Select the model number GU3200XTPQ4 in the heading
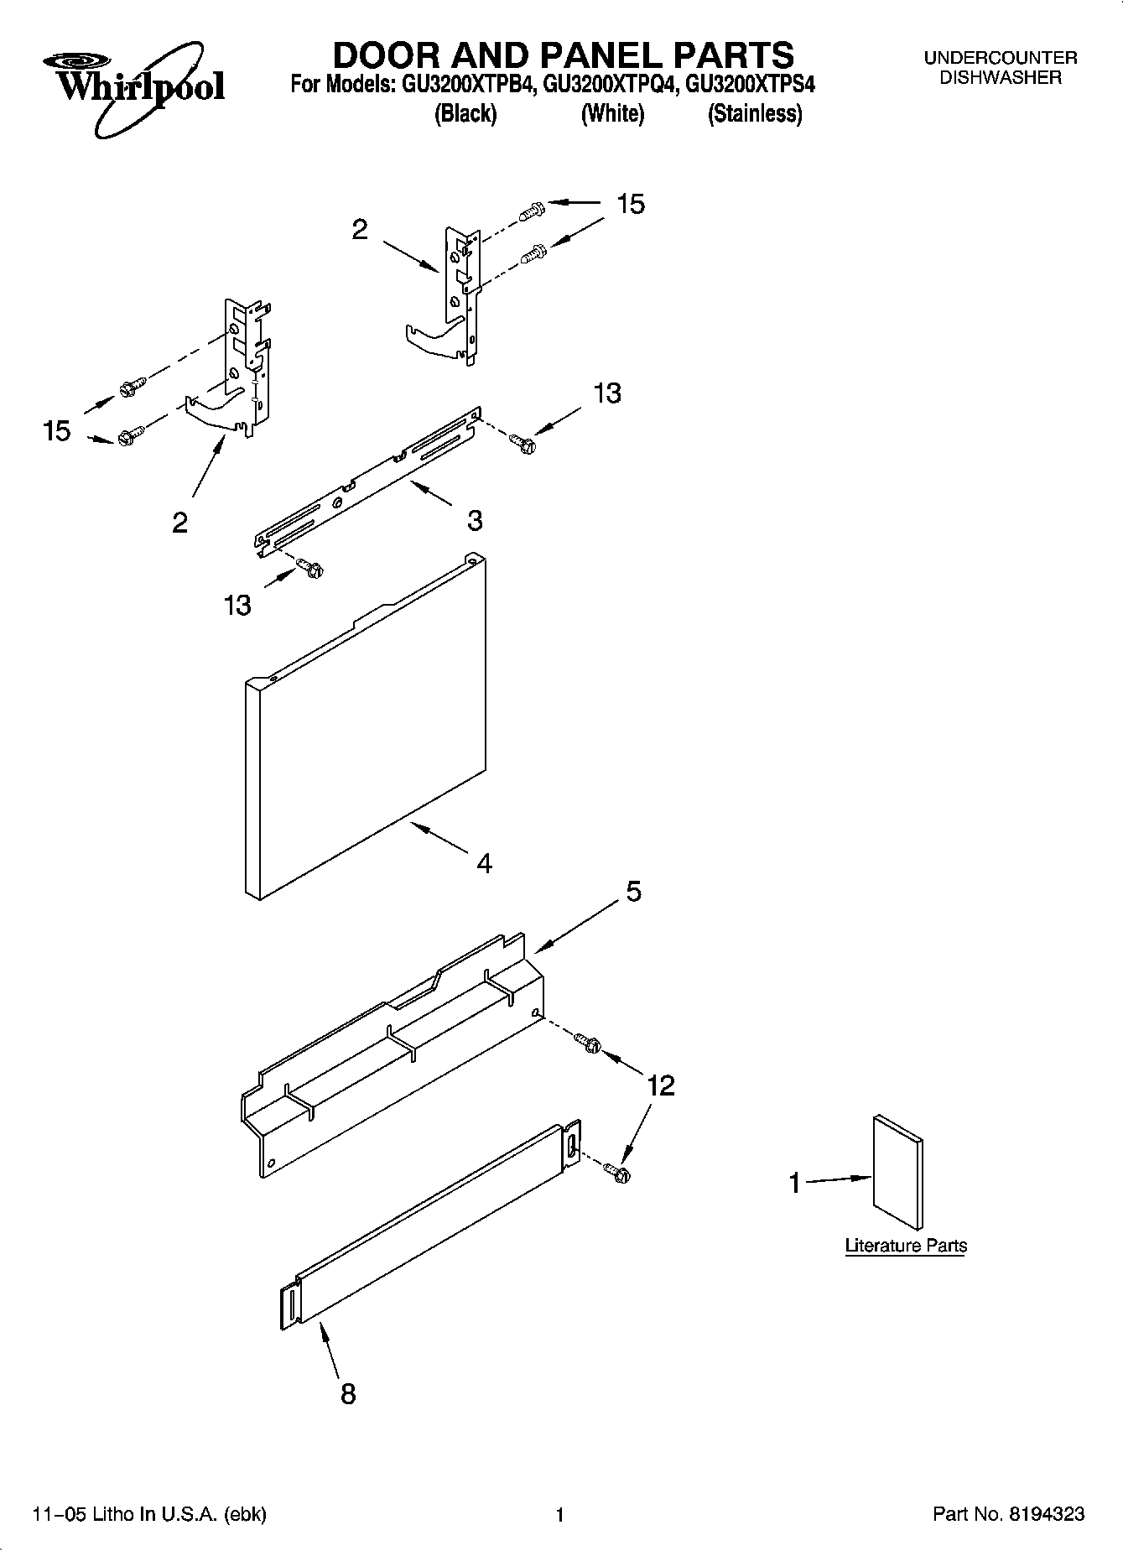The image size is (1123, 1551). click(611, 85)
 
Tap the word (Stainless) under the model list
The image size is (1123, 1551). click(755, 114)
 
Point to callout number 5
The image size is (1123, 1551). click(633, 891)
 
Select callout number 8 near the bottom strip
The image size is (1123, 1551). click(347, 1394)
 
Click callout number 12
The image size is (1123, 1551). click(661, 1085)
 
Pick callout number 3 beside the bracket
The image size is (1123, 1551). click(475, 520)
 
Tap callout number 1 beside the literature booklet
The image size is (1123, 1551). click(794, 1184)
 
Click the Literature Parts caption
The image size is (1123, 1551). click(906, 1246)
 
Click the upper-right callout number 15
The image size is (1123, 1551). click(631, 204)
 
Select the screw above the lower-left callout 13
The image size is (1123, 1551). click(311, 569)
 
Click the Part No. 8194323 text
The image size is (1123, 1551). click(1009, 1514)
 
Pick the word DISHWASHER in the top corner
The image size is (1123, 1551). click(1000, 78)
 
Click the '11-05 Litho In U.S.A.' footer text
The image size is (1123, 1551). click(149, 1514)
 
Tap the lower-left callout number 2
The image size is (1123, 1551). click(179, 523)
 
